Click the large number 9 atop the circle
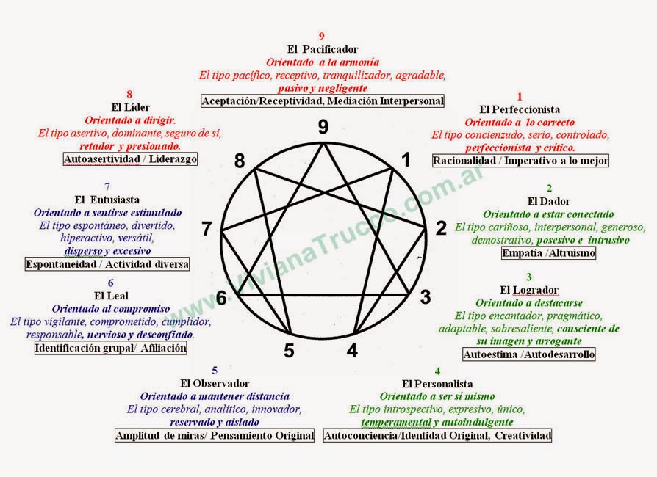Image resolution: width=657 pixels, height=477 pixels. [x=323, y=127]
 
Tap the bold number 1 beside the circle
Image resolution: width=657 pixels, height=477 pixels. [x=405, y=159]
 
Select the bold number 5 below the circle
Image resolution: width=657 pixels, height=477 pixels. [x=289, y=351]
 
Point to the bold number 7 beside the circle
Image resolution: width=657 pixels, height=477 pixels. [x=207, y=229]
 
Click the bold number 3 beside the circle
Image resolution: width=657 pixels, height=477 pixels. [x=425, y=296]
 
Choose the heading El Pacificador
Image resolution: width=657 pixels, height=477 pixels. [x=322, y=48]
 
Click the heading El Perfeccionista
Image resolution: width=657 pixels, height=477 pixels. [x=520, y=109]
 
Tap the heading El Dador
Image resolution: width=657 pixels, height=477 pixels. [x=548, y=201]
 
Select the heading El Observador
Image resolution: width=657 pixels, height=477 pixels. [x=215, y=383]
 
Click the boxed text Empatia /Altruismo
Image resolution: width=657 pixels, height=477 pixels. [x=548, y=253]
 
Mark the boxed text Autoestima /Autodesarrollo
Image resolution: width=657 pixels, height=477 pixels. [x=528, y=354]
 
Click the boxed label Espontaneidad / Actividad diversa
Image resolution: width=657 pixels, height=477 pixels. [x=107, y=264]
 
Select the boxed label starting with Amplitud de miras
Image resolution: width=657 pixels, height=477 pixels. [x=215, y=436]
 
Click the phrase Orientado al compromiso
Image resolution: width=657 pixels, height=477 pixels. [x=110, y=308]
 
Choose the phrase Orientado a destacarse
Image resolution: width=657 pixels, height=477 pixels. [x=529, y=302]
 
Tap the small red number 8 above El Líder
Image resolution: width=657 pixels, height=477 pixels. [x=129, y=94]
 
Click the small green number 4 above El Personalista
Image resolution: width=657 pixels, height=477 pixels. [x=437, y=371]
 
